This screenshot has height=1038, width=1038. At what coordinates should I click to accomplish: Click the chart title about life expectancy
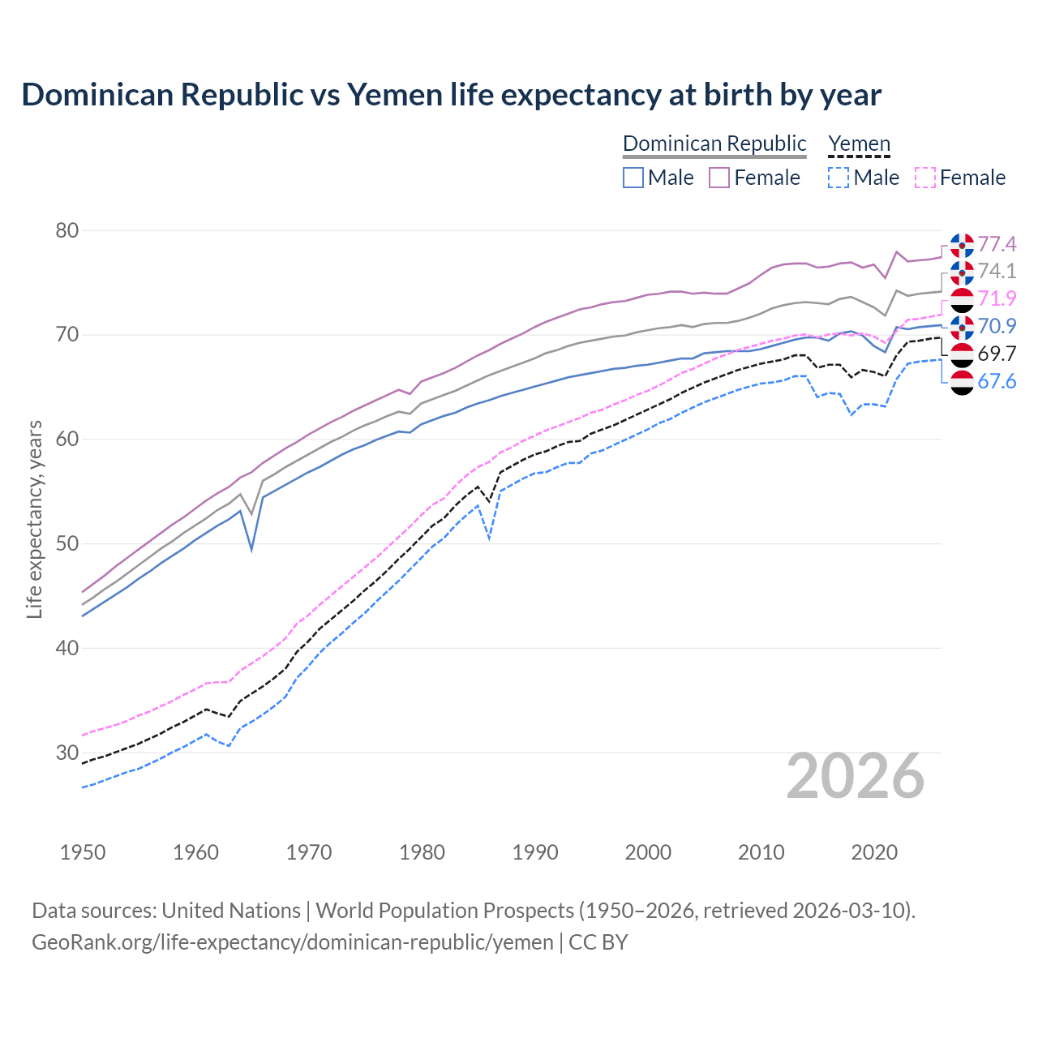point(451,95)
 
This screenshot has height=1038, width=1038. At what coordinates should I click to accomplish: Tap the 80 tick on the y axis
point(67,231)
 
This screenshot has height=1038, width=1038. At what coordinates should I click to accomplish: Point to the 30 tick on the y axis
point(67,753)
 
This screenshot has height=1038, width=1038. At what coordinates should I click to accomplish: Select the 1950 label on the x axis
point(83,852)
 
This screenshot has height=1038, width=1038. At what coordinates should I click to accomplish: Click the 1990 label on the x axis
point(535,852)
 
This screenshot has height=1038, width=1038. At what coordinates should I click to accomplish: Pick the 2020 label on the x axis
point(874,852)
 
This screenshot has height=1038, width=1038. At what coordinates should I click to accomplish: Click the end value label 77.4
point(997,244)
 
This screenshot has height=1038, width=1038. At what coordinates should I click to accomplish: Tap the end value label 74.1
point(997,271)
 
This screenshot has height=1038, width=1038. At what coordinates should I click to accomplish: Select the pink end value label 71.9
point(997,298)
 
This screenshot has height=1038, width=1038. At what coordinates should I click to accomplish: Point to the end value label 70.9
point(997,326)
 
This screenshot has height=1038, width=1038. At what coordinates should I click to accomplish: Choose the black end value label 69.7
point(997,354)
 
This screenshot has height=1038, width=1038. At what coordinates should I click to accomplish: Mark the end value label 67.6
point(997,381)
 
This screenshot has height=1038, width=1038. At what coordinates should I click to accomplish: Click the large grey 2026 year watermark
point(856,776)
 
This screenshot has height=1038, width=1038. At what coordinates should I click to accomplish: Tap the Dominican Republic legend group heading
point(714,144)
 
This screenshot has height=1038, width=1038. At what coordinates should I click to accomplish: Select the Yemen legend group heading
point(859,144)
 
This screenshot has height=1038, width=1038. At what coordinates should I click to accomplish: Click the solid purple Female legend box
point(720,178)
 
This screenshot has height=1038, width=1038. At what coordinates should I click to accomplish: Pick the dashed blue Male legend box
point(839,178)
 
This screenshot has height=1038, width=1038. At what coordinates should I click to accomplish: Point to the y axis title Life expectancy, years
point(34,519)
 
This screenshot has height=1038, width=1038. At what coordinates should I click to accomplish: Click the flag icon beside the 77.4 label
point(962,245)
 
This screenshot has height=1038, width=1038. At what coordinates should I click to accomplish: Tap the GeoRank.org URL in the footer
point(293,942)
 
